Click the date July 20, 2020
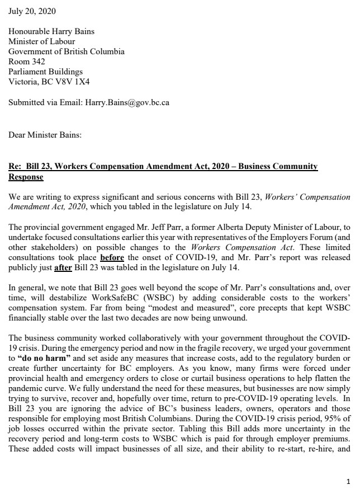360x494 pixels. (x=32, y=11)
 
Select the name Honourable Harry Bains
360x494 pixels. (x=51, y=32)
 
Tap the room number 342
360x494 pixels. (x=39, y=62)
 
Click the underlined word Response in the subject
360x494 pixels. (x=26, y=177)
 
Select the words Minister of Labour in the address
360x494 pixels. (x=41, y=42)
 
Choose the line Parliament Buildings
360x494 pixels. (x=45, y=72)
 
